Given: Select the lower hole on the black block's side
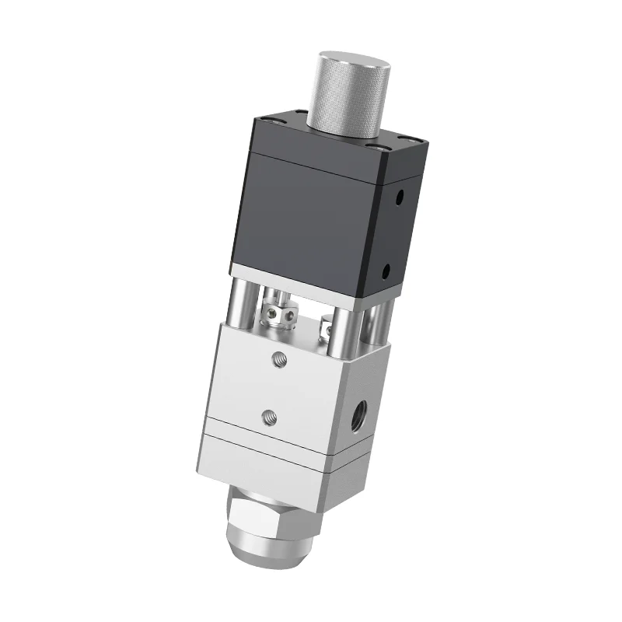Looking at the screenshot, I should click(x=387, y=271).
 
